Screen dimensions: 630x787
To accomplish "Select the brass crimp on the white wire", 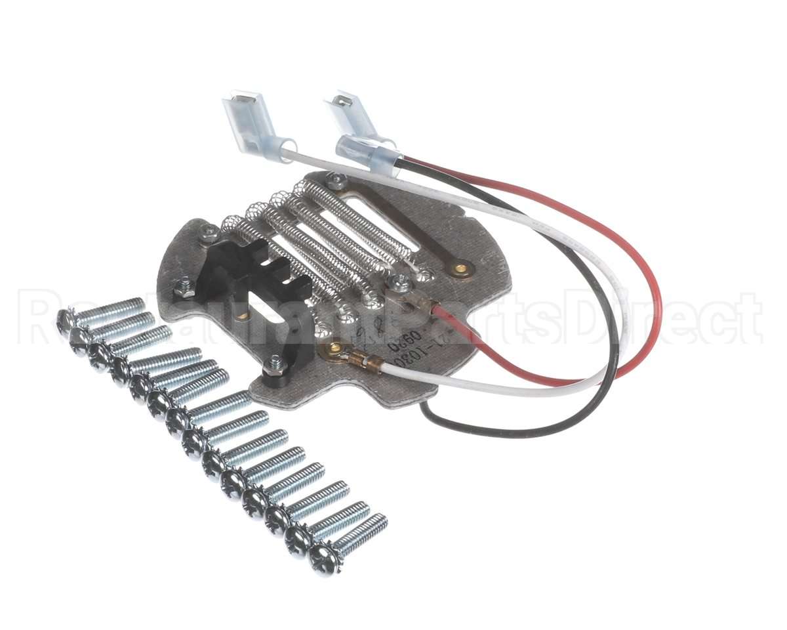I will coord(360,359).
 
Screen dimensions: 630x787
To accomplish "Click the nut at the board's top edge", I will coord(336,181).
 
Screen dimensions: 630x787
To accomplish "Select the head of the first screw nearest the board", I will coord(66,320).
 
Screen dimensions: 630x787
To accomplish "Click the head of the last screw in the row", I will coord(325,559).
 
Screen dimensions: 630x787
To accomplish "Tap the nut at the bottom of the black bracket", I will coord(276,363).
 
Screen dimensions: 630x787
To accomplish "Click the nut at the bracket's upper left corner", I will coord(211,232).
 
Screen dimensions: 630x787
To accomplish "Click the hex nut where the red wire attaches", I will coord(398,283).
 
